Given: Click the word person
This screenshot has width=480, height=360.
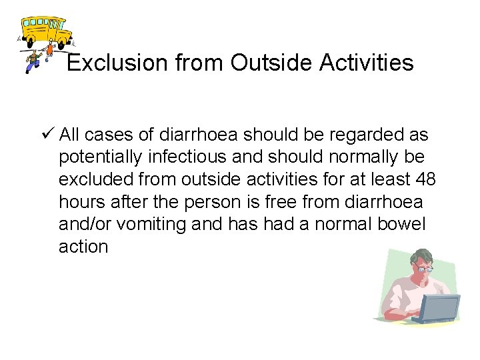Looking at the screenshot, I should click(219, 202).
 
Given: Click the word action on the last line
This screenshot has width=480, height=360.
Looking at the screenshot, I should click(83, 247).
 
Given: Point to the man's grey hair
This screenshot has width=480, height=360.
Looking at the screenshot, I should click(421, 255).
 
